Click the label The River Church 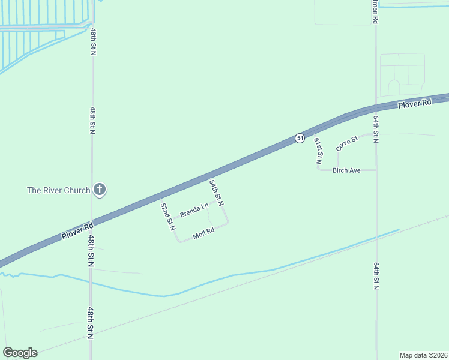click(x=58, y=190)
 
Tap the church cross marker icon click(x=100, y=190)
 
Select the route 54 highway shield click(x=300, y=138)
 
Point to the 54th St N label click(x=216, y=193)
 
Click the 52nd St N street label click(x=167, y=216)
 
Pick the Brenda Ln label click(x=194, y=211)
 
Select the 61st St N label click(x=319, y=150)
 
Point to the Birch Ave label click(x=347, y=170)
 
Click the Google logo click(x=20, y=353)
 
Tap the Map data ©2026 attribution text click(x=423, y=355)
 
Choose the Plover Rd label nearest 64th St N click(x=415, y=104)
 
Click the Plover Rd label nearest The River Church click(x=78, y=231)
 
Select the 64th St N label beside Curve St click(x=375, y=129)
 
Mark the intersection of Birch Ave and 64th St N click(x=376, y=170)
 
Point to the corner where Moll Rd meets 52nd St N click(x=179, y=241)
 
